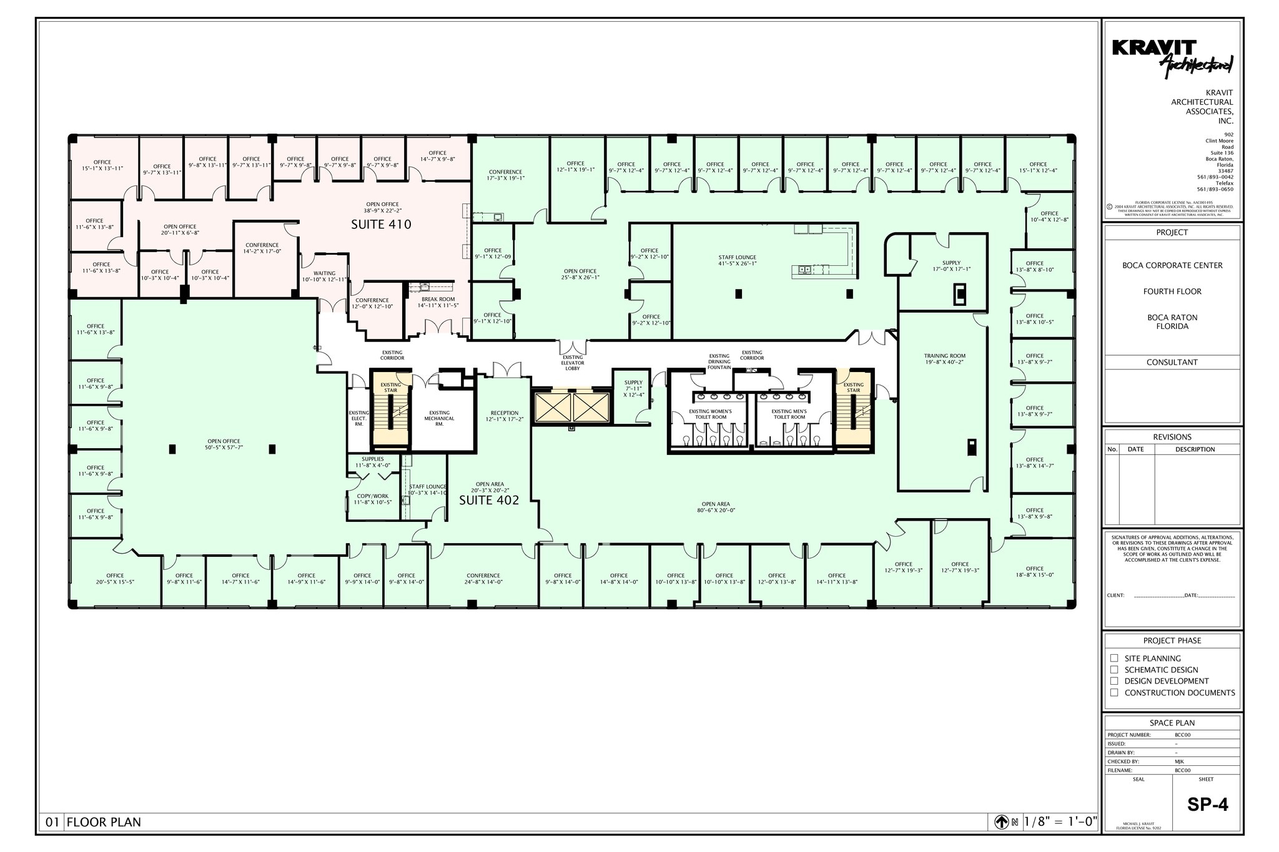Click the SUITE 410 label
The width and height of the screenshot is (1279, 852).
pos(381,225)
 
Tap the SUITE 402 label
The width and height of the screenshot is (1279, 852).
pos(489,501)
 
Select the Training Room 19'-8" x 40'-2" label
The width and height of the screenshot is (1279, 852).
pos(944,359)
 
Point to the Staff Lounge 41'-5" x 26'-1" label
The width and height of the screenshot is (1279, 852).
pos(737,260)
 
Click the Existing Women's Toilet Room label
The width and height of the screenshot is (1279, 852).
pos(710,414)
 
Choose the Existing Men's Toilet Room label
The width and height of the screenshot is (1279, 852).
pos(789,414)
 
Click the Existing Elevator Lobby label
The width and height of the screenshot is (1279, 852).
pos(572,363)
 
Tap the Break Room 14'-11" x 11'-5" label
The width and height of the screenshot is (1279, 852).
pos(437,302)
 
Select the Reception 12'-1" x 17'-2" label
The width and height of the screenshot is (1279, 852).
pos(504,416)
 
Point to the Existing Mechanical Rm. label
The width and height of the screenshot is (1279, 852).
pos(439,418)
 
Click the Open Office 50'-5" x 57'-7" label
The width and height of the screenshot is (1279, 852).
pos(224,444)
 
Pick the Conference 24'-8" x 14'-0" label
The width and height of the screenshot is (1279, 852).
pos(483,579)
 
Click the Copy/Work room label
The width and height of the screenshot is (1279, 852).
pos(372,499)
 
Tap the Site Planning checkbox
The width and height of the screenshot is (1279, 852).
pos(1114,658)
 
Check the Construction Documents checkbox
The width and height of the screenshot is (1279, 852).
pos(1114,692)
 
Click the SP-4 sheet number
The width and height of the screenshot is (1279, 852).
pos(1207,805)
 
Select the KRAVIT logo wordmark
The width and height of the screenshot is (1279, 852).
pos(1154,49)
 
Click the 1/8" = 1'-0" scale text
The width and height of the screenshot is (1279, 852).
pos(1060,822)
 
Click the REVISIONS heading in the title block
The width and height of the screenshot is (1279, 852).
pos(1172,437)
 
